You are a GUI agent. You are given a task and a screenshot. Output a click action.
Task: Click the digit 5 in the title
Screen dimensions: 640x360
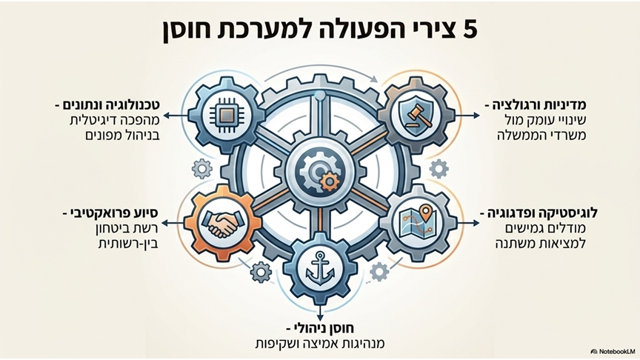470,30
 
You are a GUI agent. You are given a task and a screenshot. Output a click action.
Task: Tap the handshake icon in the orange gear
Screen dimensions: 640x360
221,224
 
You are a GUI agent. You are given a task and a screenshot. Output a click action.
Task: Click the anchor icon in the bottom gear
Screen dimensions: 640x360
320,268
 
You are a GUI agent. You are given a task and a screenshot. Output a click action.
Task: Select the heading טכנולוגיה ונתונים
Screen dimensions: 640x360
111,105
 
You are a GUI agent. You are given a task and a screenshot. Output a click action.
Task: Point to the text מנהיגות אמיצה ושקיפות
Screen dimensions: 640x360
319,344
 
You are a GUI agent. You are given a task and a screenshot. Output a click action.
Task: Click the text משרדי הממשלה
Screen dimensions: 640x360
541,136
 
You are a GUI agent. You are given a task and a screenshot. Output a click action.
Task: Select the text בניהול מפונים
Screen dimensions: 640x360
122,136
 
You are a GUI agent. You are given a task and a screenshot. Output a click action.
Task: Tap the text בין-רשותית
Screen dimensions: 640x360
128,244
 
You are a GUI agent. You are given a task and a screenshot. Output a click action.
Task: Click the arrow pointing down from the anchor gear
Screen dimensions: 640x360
320,313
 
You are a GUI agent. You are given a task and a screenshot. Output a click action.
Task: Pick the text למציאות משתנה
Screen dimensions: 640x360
541,244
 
